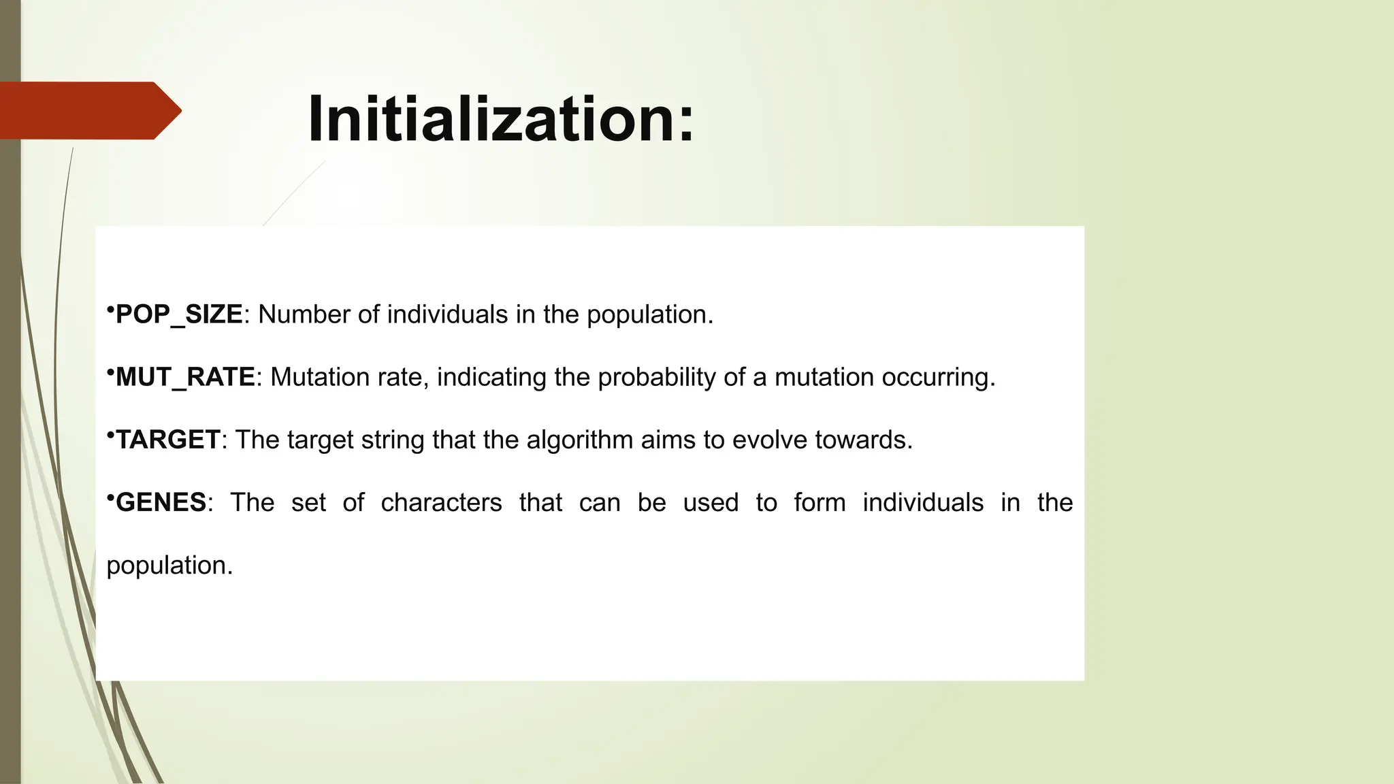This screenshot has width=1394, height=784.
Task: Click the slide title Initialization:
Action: [x=501, y=119]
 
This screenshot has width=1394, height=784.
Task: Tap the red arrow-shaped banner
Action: [x=88, y=110]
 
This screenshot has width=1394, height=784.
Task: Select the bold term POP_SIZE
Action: [x=179, y=314]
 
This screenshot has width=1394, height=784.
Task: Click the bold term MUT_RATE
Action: [x=185, y=377]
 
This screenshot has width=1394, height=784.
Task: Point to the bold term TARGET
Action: [x=168, y=440]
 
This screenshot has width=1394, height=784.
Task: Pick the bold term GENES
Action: [x=161, y=502]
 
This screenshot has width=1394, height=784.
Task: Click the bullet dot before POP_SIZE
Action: [x=110, y=310]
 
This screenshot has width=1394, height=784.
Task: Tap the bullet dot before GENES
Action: [x=110, y=498]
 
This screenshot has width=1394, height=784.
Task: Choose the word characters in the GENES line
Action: [x=441, y=502]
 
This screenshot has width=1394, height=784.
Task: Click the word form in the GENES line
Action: [x=820, y=502]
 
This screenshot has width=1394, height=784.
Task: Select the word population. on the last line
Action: [x=169, y=566]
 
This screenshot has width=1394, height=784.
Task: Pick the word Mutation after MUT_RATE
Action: [x=311, y=377]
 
